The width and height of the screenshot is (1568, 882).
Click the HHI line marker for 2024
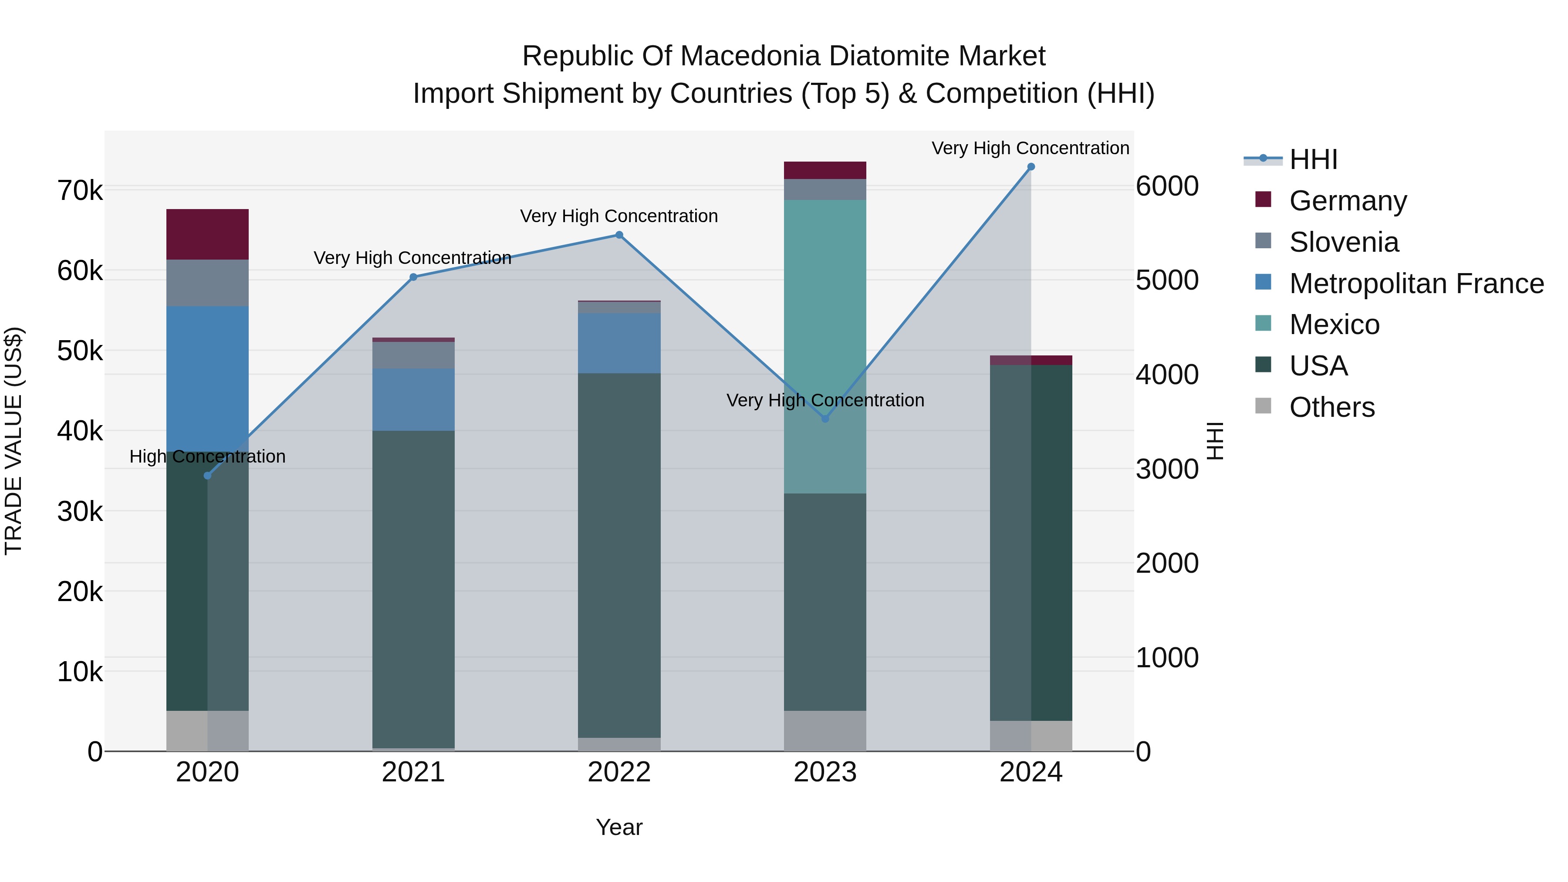pyautogui.click(x=1031, y=167)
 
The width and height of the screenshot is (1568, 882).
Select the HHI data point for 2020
pyautogui.click(x=208, y=475)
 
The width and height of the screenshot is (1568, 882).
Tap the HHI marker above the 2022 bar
pyautogui.click(x=619, y=235)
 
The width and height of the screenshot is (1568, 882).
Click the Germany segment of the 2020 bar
pyautogui.click(x=208, y=234)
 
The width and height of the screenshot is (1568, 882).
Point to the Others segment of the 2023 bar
pyautogui.click(x=825, y=730)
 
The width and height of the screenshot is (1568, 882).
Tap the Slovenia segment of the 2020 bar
pyautogui.click(x=208, y=283)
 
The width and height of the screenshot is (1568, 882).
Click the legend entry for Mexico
pyautogui.click(x=1334, y=324)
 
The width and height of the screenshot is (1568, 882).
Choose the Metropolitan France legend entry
pyautogui.click(x=1416, y=284)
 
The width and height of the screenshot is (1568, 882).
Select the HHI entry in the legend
pyautogui.click(x=1313, y=159)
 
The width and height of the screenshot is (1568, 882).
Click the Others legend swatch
pyautogui.click(x=1263, y=406)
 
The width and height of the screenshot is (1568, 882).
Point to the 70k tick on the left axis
pyautogui.click(x=80, y=190)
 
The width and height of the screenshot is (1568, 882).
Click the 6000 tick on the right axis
pyautogui.click(x=1167, y=186)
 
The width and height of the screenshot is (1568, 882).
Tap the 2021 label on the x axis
pyautogui.click(x=413, y=772)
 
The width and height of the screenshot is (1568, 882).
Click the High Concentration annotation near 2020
pyautogui.click(x=208, y=456)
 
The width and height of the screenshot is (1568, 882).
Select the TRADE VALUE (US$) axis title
pyautogui.click(x=14, y=441)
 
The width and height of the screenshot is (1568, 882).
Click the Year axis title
pyautogui.click(x=619, y=827)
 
